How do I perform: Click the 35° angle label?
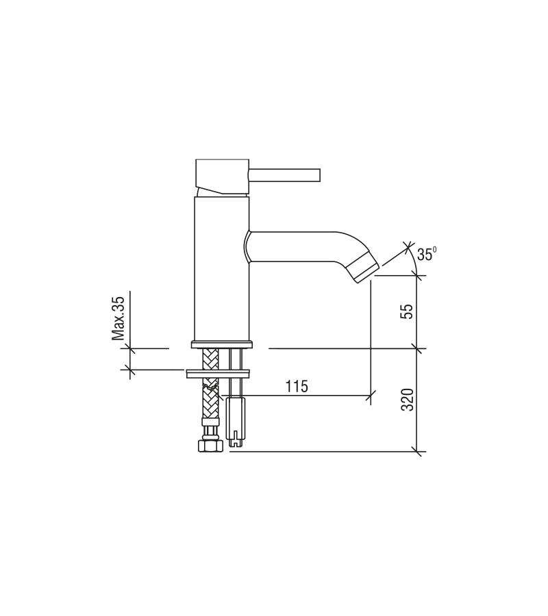[x=427, y=254]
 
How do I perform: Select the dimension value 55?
[x=408, y=311]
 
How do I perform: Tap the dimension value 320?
[x=408, y=400]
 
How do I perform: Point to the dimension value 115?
[x=297, y=387]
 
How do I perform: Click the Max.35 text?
[x=119, y=318]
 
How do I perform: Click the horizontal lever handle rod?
[x=285, y=175]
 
